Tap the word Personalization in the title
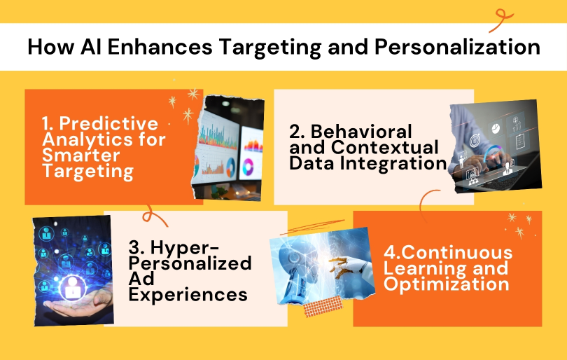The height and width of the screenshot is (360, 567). [x=454, y=47]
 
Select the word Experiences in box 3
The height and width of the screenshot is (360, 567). [x=188, y=294]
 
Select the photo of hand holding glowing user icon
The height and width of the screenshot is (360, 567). [x=72, y=269]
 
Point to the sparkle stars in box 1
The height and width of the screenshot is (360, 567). [x=183, y=109]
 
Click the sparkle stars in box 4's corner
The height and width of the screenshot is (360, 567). [x=519, y=225]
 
